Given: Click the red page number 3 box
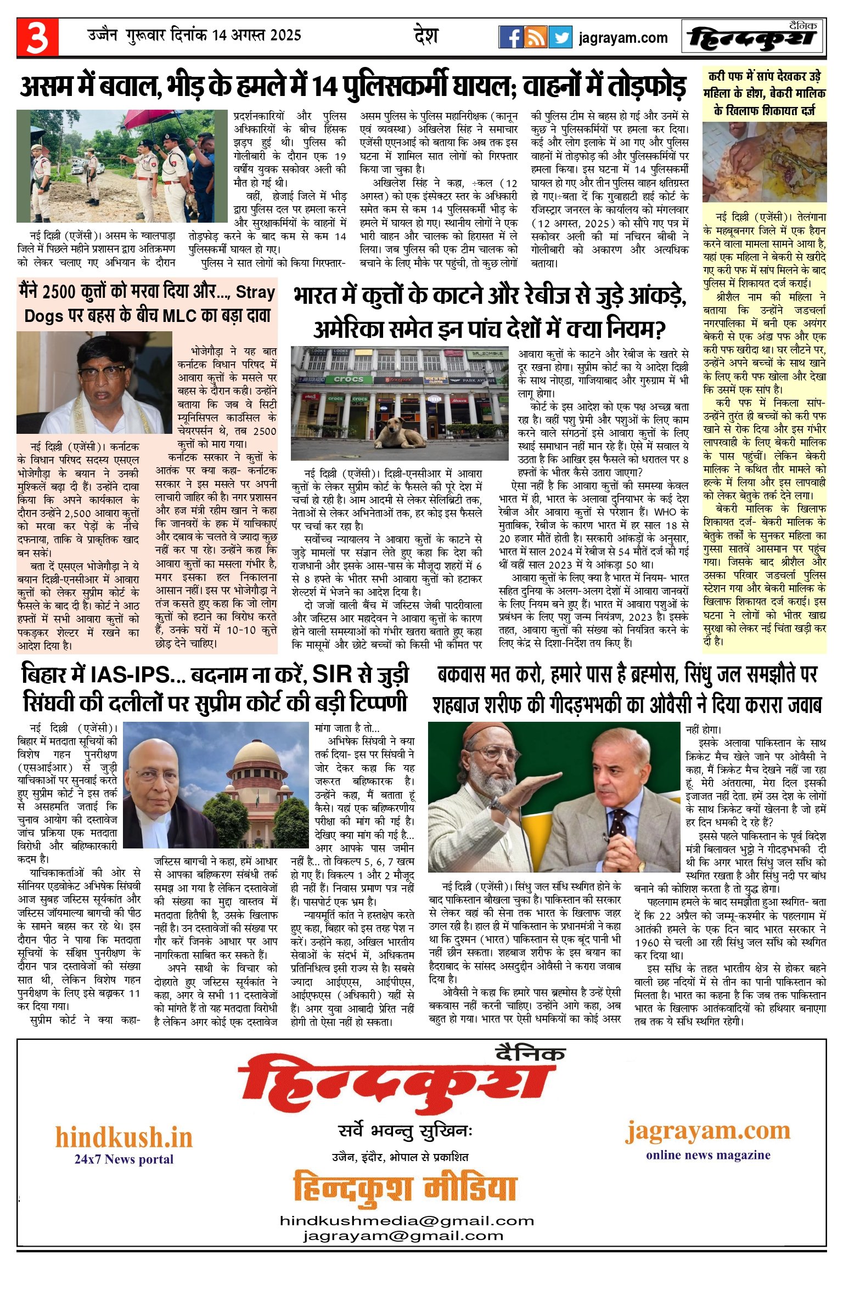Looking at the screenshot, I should click(x=37, y=37).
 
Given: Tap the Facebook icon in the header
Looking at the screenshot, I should click(x=510, y=37).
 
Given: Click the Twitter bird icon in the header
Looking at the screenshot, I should click(x=560, y=37).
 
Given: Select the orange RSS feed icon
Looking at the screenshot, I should click(x=536, y=37).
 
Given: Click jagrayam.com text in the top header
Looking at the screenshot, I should click(x=623, y=38).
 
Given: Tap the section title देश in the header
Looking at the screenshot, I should click(x=426, y=36).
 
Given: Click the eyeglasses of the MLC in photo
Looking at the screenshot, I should click(x=102, y=372).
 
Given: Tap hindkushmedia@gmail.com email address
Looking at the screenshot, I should click(x=407, y=1221).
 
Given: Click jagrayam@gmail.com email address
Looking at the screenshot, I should click(x=403, y=1236).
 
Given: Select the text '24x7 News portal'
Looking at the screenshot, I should click(x=124, y=1159).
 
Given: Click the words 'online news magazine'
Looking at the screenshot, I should click(x=708, y=1154).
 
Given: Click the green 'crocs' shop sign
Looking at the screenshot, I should click(x=349, y=379).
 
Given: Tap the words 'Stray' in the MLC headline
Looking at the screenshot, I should click(x=255, y=292).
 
